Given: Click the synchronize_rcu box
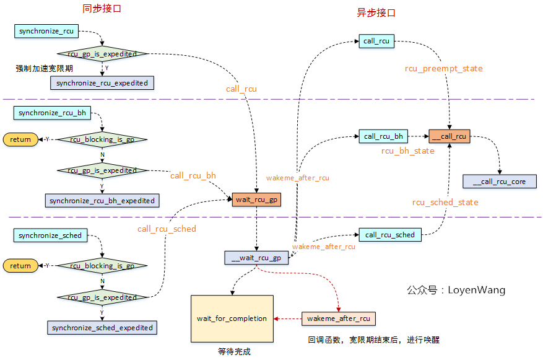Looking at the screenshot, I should coord(46,30).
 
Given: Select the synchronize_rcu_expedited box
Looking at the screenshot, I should coord(102,82).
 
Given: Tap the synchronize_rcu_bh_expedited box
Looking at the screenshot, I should coord(102,200).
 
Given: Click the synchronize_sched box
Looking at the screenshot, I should coord(50,235).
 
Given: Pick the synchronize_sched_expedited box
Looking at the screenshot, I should coord(102,327).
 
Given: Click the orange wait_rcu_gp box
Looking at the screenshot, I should coord(256,200).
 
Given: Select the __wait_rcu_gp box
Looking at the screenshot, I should coord(256,258).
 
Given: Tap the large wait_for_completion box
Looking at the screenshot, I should coord(232,318).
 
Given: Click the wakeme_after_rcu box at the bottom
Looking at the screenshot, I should coord(339,318).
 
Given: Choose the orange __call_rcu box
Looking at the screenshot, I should coord(449,136).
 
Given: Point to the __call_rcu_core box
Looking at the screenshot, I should coord(499,181).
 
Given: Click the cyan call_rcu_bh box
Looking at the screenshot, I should coord(383,136).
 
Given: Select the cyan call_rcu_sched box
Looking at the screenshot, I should coord(389,235).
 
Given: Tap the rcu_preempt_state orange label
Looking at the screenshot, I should coord(443,68).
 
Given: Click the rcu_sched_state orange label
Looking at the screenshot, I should coord(445,202).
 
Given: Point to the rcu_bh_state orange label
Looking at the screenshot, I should coord(407,151).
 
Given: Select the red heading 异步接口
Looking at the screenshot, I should coord(376,12).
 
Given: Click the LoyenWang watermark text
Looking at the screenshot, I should coord(456,289).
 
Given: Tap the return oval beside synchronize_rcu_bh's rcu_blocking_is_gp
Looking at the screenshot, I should coord(20,139).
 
